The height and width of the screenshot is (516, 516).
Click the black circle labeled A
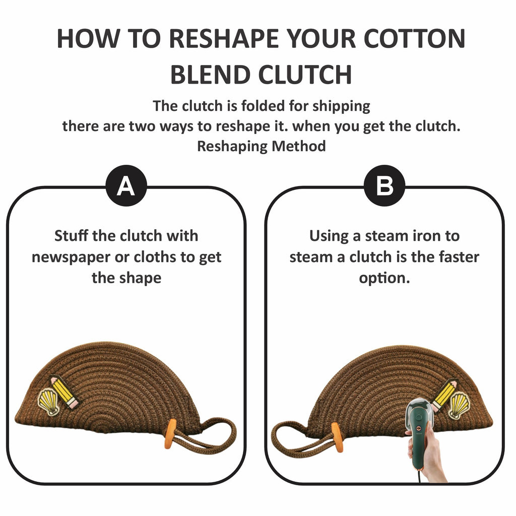point(126,185)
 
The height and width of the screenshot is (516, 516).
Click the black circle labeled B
point(384,185)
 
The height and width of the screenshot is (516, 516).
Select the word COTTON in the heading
point(414,39)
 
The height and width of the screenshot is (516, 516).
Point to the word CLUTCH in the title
point(305,75)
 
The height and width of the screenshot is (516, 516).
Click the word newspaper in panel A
point(71,257)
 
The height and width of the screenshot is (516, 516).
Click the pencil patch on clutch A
point(64,392)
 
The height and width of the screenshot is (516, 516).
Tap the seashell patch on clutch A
point(48,401)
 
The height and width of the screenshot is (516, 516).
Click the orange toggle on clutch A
point(170,434)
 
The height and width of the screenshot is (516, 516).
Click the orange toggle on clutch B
point(337,437)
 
